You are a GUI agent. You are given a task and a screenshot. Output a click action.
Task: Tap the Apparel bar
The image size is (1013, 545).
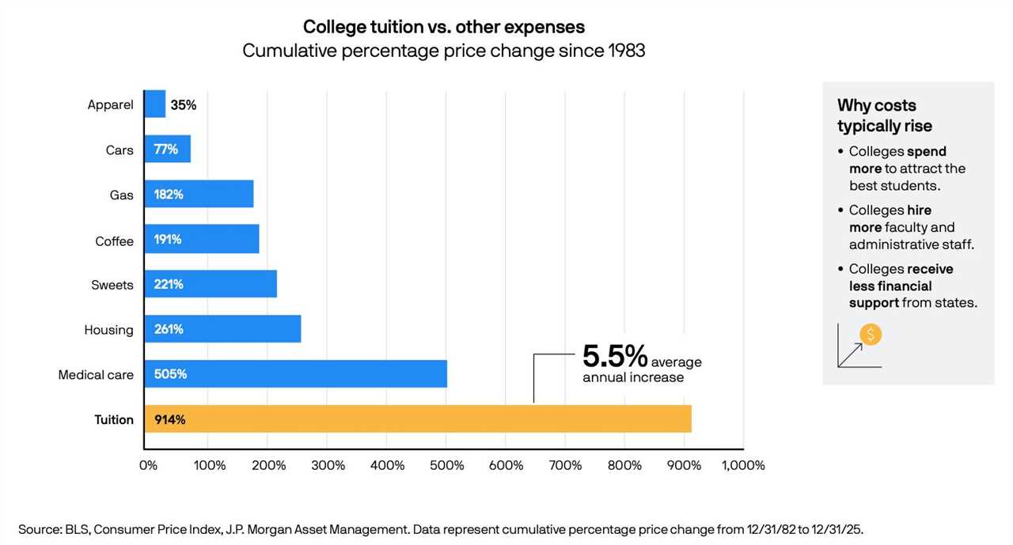(154, 104)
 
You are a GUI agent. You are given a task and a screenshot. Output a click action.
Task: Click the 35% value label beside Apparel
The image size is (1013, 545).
(184, 104)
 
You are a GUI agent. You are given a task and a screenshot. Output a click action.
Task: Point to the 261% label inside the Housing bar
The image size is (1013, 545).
(169, 329)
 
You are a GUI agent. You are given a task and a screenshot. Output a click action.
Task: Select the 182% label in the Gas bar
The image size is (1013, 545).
(169, 195)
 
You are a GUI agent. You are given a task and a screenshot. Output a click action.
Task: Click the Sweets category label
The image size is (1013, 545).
(112, 285)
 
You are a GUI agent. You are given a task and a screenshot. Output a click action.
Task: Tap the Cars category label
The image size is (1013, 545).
(120, 150)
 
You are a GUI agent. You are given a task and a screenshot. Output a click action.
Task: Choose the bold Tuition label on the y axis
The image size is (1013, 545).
(114, 420)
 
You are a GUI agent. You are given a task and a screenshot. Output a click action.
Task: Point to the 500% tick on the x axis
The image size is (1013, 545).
(446, 465)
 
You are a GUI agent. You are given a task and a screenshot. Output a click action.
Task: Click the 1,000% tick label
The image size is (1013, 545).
(742, 465)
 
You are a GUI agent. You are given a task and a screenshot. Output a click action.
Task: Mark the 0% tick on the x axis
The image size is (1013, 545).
(149, 465)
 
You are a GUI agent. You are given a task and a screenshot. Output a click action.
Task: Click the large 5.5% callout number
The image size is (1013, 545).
(615, 357)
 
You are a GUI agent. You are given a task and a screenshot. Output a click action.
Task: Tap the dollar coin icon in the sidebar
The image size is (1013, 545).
(870, 335)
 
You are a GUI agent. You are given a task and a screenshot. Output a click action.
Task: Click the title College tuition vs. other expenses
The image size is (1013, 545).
(444, 27)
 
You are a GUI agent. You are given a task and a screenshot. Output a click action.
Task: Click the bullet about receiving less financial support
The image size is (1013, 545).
(912, 286)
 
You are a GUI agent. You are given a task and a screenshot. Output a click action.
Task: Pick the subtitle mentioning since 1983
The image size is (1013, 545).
(444, 51)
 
